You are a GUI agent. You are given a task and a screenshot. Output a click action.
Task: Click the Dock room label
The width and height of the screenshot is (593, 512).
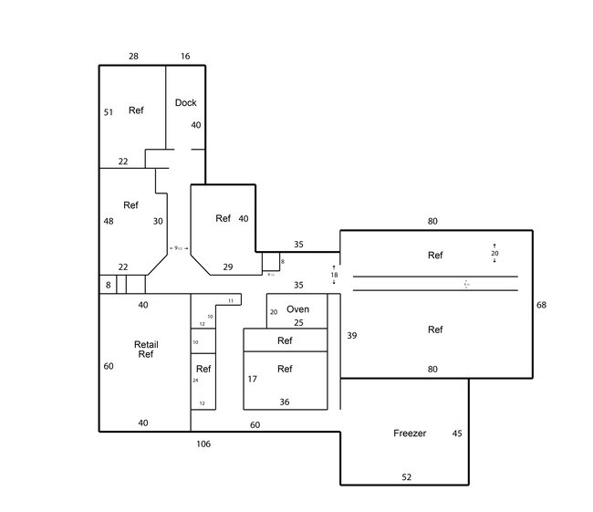coord(185,103)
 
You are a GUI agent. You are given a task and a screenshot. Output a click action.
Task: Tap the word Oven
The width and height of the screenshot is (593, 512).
coord(297,309)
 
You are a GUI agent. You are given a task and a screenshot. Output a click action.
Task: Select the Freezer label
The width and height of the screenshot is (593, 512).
coord(410,434)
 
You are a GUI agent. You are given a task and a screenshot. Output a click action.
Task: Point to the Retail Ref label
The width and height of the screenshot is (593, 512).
coord(146,350)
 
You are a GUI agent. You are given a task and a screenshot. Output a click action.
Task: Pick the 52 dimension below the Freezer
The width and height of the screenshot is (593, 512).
coord(408,477)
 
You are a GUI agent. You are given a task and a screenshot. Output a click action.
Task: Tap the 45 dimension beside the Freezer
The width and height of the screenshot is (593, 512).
coord(457,434)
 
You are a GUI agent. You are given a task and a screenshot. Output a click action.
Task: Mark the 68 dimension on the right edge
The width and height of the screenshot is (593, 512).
coord(542,305)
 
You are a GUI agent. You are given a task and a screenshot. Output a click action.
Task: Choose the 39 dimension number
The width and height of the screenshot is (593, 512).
coord(352,336)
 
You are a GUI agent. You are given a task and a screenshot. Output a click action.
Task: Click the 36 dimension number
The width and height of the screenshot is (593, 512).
coord(285,402)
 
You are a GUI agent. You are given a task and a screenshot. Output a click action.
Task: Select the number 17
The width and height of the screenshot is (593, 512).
coord(252,379)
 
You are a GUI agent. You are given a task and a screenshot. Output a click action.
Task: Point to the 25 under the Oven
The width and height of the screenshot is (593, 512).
coord(298,323)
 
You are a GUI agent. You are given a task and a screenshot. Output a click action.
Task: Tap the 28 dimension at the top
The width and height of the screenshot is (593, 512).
coord(133,57)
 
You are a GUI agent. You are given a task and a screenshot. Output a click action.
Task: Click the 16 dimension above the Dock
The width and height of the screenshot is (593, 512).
coord(185,57)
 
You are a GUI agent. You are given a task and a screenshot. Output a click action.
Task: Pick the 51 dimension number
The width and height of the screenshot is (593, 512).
coord(109,112)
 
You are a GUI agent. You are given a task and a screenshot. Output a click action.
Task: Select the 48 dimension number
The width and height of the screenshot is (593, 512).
coord(109,221)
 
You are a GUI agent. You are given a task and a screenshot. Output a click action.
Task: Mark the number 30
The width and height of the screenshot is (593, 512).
coord(158,221)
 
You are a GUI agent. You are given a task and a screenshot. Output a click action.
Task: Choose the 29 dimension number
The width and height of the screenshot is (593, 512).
coord(228,266)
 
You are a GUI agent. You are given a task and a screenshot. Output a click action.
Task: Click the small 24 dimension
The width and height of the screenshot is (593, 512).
coord(195,381)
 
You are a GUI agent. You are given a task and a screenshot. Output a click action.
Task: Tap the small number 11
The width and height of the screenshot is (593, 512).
coord(231,300)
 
